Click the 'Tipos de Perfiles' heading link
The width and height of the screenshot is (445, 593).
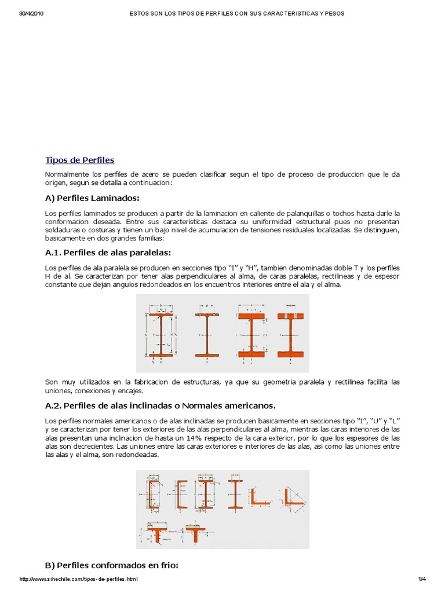click(x=79, y=160)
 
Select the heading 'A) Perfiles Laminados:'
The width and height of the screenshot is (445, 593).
click(x=92, y=198)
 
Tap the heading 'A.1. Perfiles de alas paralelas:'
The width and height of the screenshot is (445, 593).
click(x=108, y=252)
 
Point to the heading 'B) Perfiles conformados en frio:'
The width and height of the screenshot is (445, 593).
click(x=111, y=565)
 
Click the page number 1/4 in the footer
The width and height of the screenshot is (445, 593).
click(x=421, y=579)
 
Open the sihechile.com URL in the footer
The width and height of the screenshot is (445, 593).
click(x=79, y=579)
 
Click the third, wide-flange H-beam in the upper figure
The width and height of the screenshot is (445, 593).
click(x=251, y=335)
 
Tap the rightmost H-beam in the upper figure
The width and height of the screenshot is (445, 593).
click(x=291, y=335)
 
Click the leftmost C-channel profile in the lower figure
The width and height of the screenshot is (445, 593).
click(x=154, y=494)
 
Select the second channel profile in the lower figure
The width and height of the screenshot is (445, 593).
click(x=181, y=494)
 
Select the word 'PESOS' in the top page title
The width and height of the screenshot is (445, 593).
click(x=334, y=13)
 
